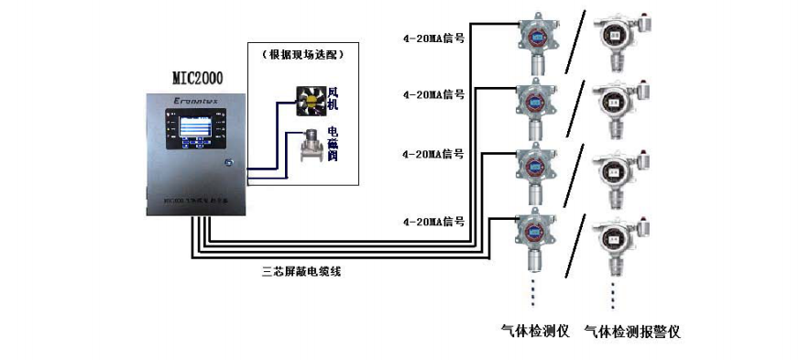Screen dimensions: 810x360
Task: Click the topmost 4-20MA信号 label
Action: pyautogui.click(x=433, y=38)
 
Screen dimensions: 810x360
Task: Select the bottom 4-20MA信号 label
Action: pyautogui.click(x=433, y=222)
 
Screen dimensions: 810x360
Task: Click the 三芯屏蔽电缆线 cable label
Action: pyautogui.click(x=300, y=271)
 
